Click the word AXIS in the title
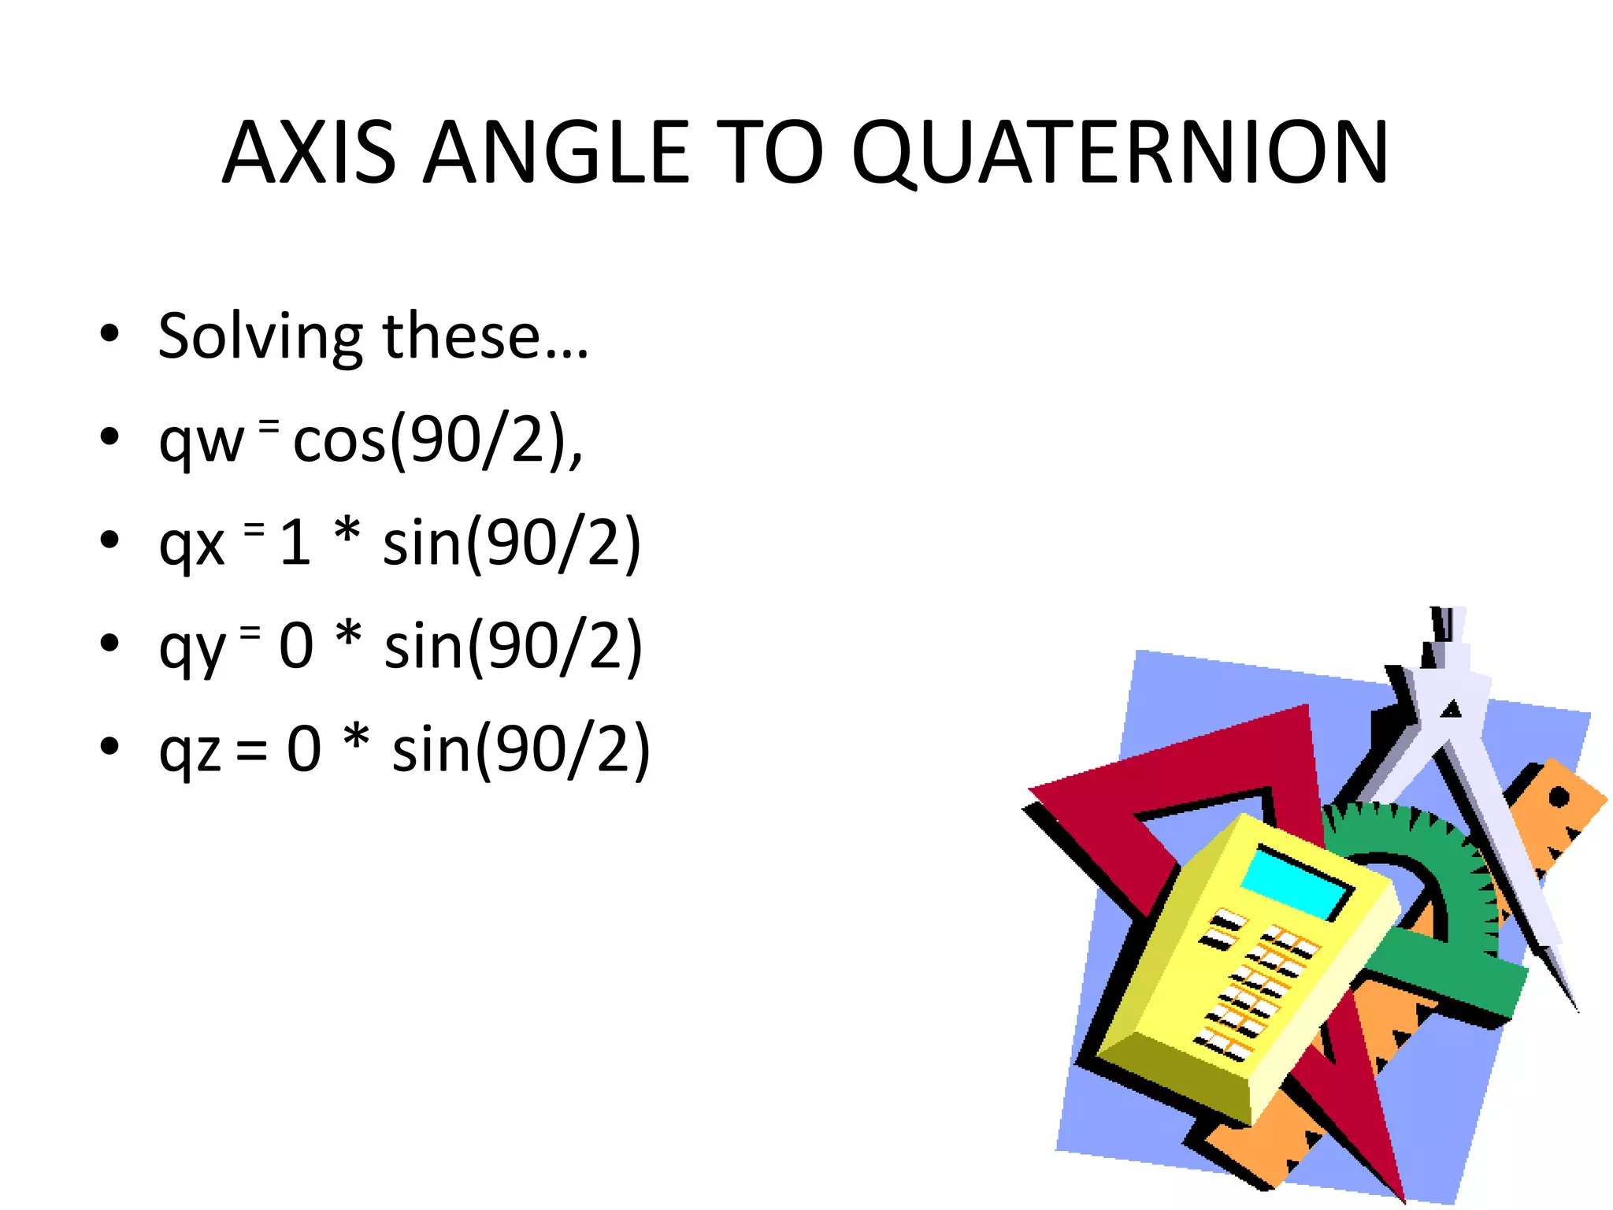309,153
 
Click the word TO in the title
770,153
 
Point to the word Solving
260,337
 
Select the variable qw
201,441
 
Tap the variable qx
191,544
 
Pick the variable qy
192,648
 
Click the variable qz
190,751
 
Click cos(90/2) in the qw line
436,441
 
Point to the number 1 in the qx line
295,544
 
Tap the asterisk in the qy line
348,637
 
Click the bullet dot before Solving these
109,333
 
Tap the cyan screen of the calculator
1296,882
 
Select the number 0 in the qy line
296,647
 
